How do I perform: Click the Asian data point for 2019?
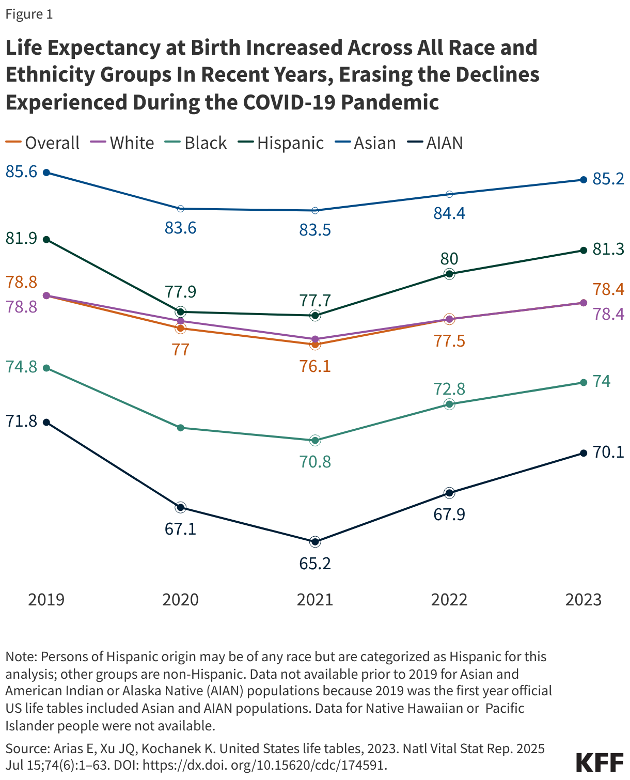click(x=46, y=173)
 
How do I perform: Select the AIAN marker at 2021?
click(x=315, y=542)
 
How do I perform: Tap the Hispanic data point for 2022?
click(x=449, y=274)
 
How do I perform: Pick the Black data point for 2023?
click(x=584, y=383)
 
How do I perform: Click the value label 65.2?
click(x=315, y=563)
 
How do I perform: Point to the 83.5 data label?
click(x=315, y=230)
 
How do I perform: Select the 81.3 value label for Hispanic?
click(x=608, y=249)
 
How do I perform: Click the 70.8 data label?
click(x=315, y=461)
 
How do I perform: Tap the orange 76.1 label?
click(x=315, y=366)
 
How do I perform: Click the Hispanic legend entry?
click(x=281, y=143)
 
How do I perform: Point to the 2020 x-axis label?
click(x=180, y=600)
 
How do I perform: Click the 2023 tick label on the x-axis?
click(x=584, y=600)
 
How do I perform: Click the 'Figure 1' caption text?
click(x=29, y=14)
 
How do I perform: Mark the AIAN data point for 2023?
click(x=584, y=453)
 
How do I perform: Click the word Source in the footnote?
click(x=24, y=748)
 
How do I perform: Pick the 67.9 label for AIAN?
click(x=449, y=515)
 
